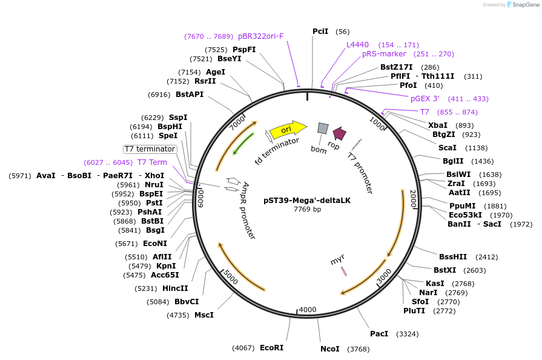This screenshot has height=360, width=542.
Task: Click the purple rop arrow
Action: tap(339, 133)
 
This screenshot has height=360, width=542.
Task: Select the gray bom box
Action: tap(323, 128)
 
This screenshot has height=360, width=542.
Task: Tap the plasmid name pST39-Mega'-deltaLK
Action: tap(307, 201)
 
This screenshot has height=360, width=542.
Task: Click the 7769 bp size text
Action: tap(307, 209)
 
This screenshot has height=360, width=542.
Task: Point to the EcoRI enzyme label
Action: tap(271, 348)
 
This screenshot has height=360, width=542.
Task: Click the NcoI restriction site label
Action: tap(330, 349)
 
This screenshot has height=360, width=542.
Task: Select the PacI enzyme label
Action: tap(379, 334)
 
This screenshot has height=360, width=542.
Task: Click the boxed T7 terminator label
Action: tap(150, 149)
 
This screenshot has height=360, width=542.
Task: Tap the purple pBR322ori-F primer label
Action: tap(260, 36)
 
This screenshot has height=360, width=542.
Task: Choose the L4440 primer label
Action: tap(357, 45)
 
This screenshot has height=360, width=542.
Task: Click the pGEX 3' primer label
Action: tap(425, 99)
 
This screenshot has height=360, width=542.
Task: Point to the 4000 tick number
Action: tap(308, 310)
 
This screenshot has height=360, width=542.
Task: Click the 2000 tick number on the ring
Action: tap(413, 198)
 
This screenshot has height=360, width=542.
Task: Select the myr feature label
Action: tap(337, 261)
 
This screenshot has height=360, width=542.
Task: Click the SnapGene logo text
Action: tap(523, 5)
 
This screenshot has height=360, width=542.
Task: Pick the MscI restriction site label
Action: tap(203, 315)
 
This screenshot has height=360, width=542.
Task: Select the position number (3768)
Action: tap(357, 349)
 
